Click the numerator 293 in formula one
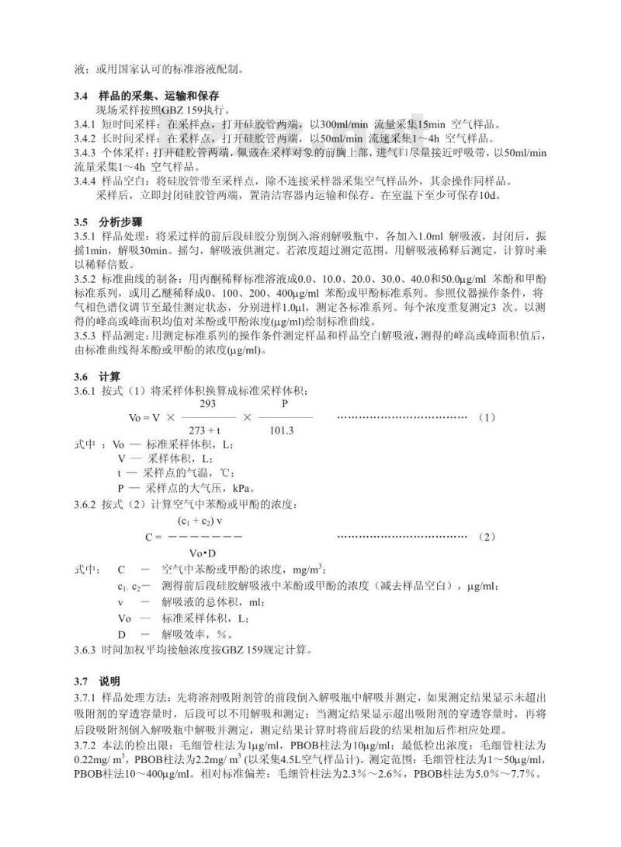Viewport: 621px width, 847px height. click(x=207, y=404)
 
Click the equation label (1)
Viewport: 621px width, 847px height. click(x=487, y=418)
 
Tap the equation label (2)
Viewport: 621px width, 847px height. click(x=487, y=537)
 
